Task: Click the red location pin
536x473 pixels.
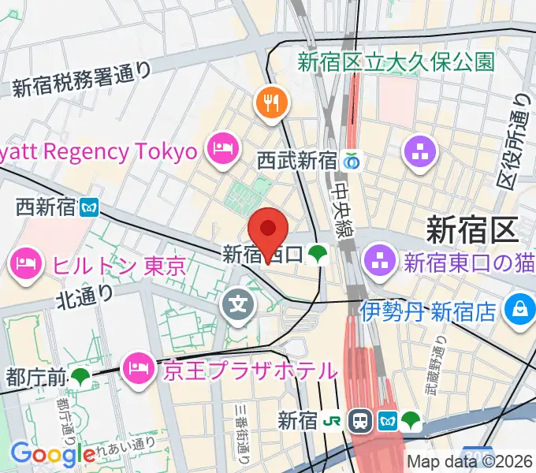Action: tap(268, 229)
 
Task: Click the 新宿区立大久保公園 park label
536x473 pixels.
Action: tap(396, 62)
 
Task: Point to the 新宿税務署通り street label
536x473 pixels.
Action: tap(81, 80)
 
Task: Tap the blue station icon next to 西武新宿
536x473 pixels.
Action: tap(352, 162)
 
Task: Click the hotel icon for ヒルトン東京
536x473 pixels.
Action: tap(28, 263)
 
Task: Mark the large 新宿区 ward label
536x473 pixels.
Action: tap(471, 230)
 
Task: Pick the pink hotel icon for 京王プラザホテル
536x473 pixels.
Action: tap(140, 367)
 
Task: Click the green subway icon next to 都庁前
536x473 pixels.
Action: tap(80, 377)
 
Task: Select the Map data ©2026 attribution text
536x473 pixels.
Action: tap(470, 462)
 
